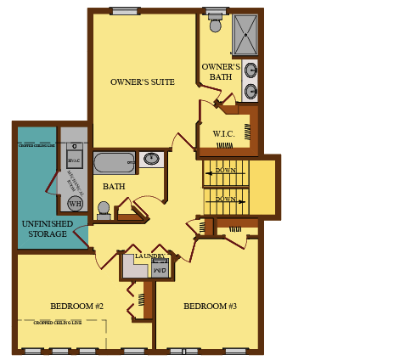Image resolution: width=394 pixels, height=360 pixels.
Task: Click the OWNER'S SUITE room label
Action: [143, 82]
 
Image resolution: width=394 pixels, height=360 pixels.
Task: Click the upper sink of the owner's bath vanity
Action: [250, 70]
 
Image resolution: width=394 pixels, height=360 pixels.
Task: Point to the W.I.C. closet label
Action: [223, 133]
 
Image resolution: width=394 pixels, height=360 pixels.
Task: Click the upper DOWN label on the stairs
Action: [226, 171]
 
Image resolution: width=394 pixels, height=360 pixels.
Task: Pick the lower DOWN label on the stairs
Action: [226, 200]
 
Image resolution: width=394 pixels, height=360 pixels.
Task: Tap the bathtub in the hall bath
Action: [114, 162]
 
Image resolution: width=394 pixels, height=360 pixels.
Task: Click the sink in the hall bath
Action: [151, 158]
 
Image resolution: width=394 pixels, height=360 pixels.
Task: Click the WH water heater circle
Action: [76, 204]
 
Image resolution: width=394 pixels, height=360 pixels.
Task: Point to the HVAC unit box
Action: [74, 160]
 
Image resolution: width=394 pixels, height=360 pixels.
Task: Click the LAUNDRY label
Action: [149, 256]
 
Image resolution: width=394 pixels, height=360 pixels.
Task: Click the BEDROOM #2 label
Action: [76, 307]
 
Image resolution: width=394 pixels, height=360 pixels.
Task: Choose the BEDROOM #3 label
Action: [210, 307]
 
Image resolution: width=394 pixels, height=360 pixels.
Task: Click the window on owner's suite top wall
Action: [125, 11]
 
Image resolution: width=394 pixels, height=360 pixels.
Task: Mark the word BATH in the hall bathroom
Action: [114, 187]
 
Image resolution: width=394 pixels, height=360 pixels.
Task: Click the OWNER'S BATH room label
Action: [221, 71]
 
